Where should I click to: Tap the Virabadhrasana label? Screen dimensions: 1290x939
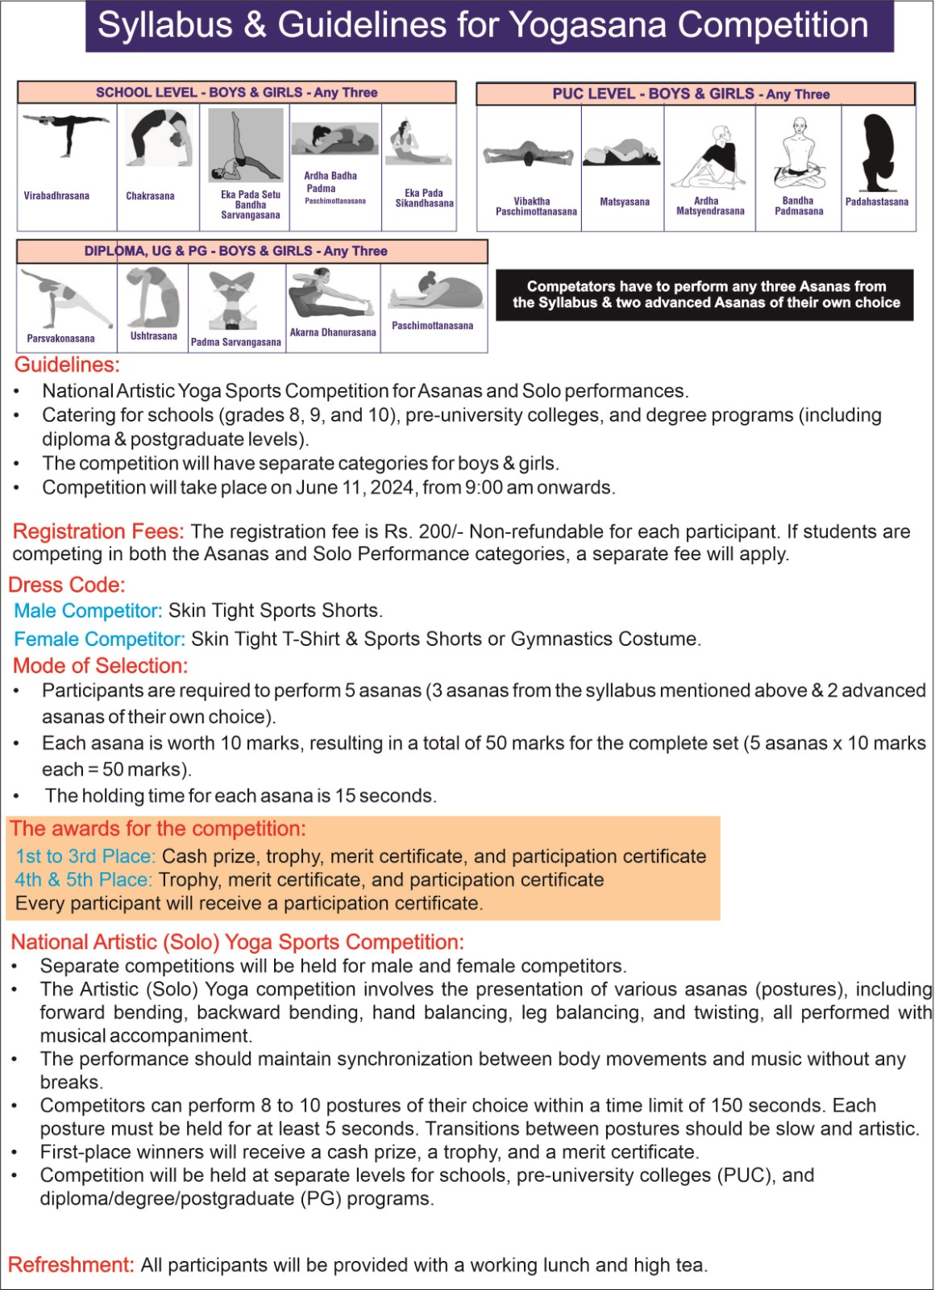[x=56, y=196]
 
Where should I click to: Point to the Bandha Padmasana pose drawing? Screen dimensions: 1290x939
[x=799, y=154]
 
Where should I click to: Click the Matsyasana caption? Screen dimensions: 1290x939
[x=624, y=202]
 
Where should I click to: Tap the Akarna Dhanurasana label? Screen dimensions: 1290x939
[x=333, y=332]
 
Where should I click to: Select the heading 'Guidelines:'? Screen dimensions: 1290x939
[x=67, y=365]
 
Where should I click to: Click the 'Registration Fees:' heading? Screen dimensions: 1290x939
[x=98, y=532]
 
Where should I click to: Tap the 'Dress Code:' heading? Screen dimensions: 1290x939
[x=67, y=585]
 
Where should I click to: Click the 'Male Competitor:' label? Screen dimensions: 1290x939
[x=89, y=611]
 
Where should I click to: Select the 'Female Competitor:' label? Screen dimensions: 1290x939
[x=100, y=639]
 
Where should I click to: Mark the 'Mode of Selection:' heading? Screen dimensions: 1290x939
[x=100, y=666]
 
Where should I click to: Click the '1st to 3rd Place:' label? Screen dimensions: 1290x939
[x=85, y=856]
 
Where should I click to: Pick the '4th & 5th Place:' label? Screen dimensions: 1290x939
[x=83, y=880]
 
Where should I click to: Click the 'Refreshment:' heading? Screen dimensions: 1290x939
[x=71, y=1265]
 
